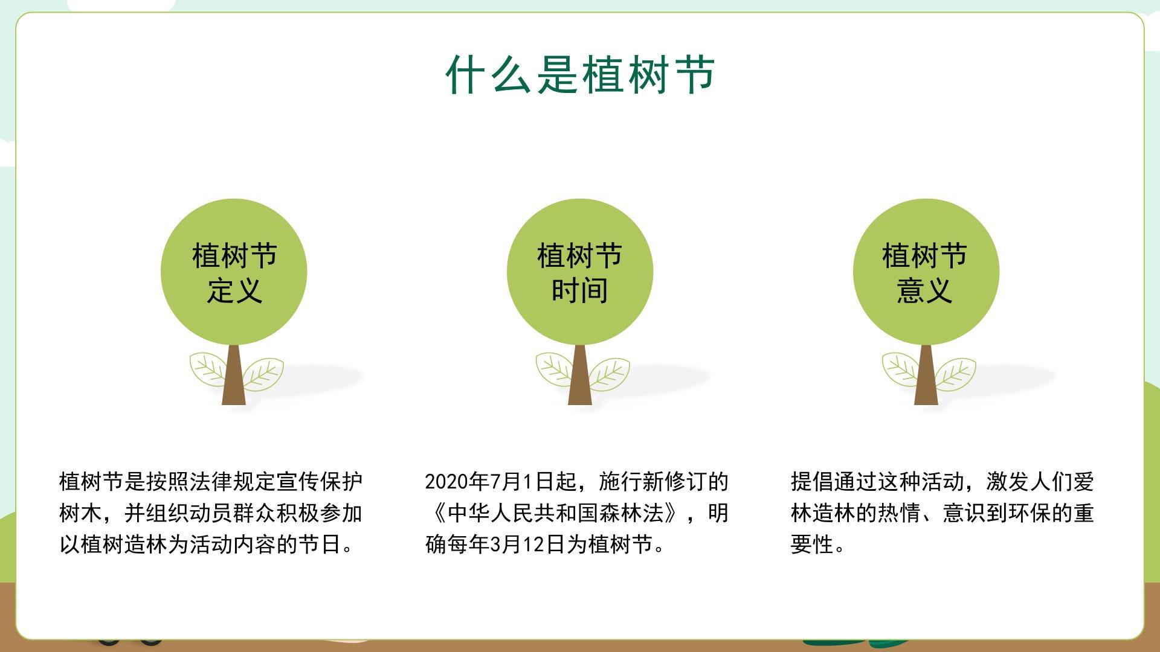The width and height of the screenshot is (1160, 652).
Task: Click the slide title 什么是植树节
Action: (581, 75)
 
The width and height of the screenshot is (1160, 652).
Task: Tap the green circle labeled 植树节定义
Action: (234, 272)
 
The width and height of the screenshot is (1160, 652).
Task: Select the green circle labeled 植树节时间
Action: (580, 272)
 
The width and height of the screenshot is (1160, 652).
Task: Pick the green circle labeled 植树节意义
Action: (926, 272)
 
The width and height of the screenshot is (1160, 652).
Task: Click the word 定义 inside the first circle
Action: (234, 291)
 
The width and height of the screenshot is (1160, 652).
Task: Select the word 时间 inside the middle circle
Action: (580, 291)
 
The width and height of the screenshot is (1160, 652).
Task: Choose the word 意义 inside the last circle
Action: (925, 291)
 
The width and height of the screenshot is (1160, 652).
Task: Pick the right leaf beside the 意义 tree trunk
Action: (955, 374)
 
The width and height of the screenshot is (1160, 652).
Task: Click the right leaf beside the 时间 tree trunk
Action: (609, 374)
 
